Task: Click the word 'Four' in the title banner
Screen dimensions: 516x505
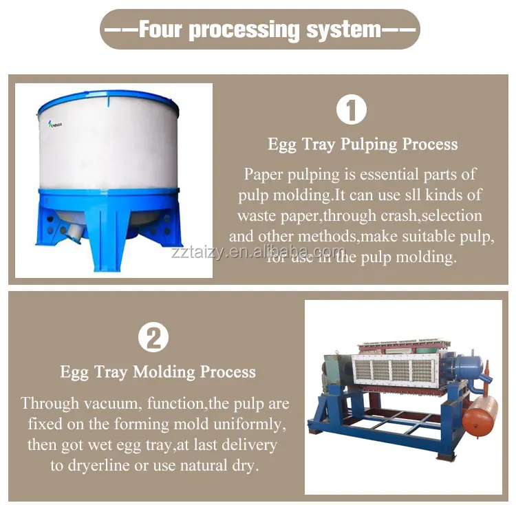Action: [x=160, y=29]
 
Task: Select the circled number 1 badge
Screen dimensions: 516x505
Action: [x=352, y=109]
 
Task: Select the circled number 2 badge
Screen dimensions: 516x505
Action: [x=153, y=337]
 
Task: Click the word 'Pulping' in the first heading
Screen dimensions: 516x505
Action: [x=369, y=144]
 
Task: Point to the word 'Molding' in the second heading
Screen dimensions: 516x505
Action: [x=164, y=372]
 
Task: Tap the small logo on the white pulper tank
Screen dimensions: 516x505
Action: [x=55, y=125]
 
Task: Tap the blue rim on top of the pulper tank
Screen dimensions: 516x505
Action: [x=108, y=100]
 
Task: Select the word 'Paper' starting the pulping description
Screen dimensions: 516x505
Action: [x=264, y=174]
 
